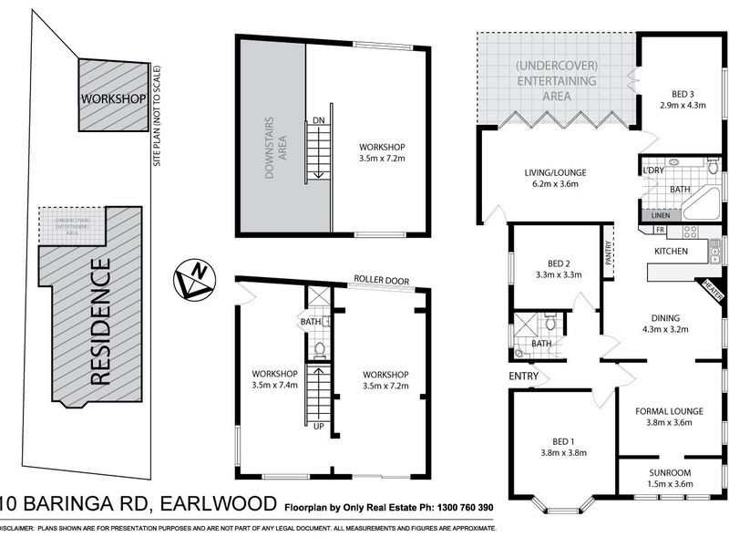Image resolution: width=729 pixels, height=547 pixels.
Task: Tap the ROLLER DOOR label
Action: point(382,281)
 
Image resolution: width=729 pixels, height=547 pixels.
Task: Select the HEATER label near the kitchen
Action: point(713,289)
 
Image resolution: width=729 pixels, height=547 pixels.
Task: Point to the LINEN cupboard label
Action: point(661,215)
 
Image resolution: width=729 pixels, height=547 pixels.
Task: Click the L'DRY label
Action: point(653,170)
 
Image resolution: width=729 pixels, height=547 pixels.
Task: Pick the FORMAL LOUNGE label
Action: point(668,410)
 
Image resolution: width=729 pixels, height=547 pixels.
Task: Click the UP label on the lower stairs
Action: point(319,425)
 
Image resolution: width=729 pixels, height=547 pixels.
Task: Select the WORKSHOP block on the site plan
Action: point(113,98)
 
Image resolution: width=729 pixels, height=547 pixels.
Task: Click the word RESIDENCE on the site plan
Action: point(102,324)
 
